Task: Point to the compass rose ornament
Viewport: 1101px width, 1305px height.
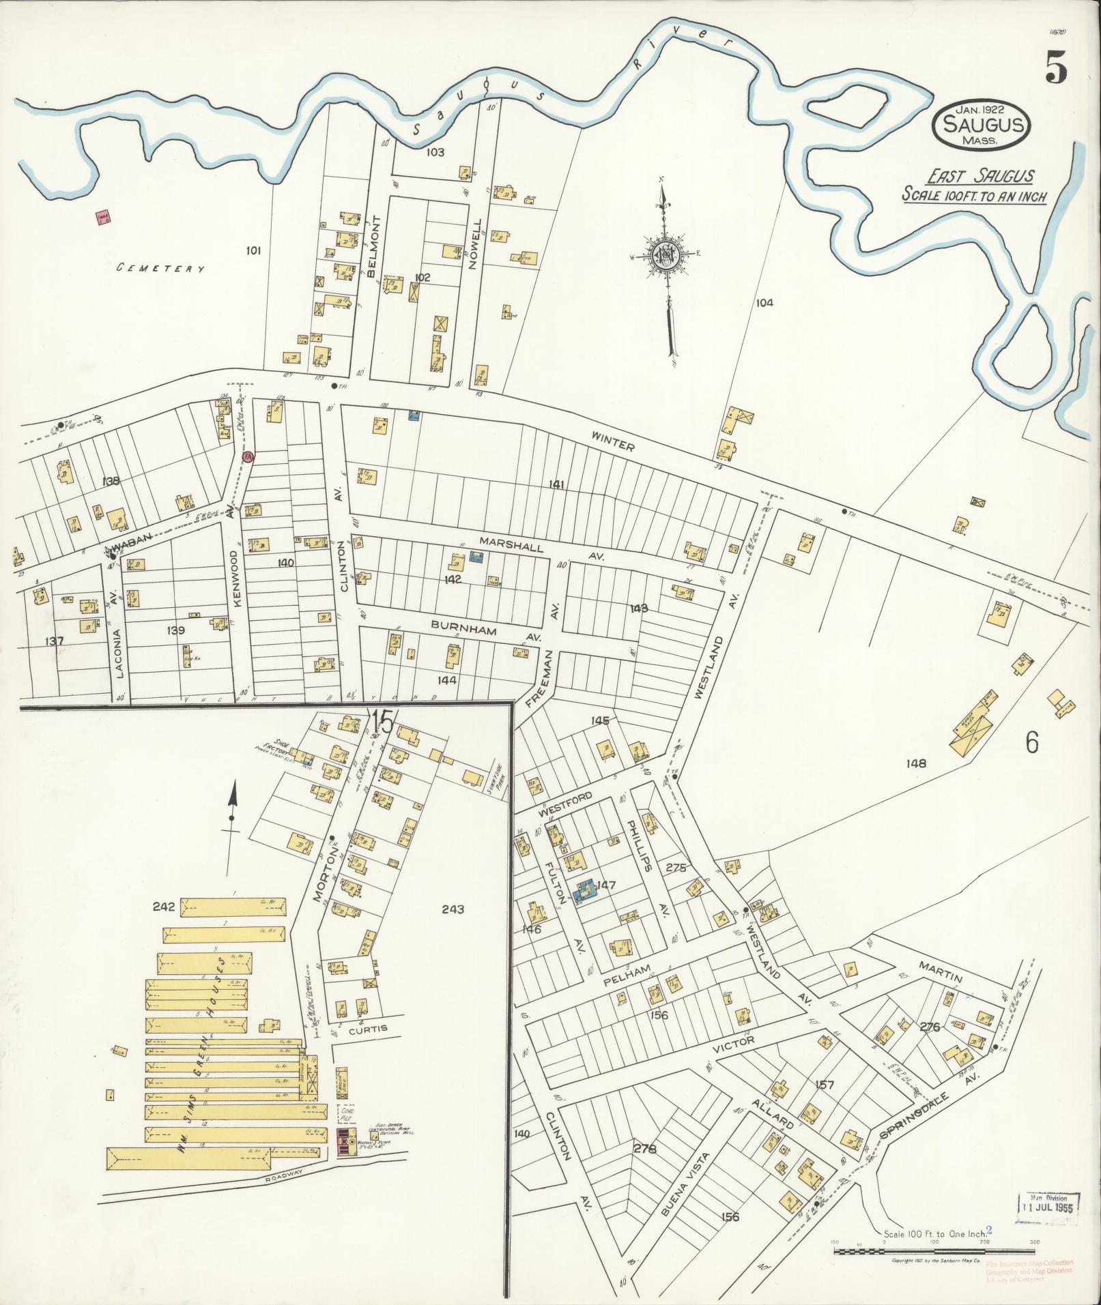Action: [x=663, y=254]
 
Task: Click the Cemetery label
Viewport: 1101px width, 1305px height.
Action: [x=161, y=269]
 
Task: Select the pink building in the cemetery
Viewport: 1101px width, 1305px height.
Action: [x=104, y=218]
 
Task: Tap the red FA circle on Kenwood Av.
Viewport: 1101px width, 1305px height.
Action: [x=248, y=458]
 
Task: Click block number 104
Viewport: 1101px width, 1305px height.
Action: [x=764, y=303]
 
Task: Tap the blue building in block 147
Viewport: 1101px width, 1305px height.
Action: [x=584, y=890]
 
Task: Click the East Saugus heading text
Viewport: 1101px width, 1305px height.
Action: [x=979, y=176]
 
